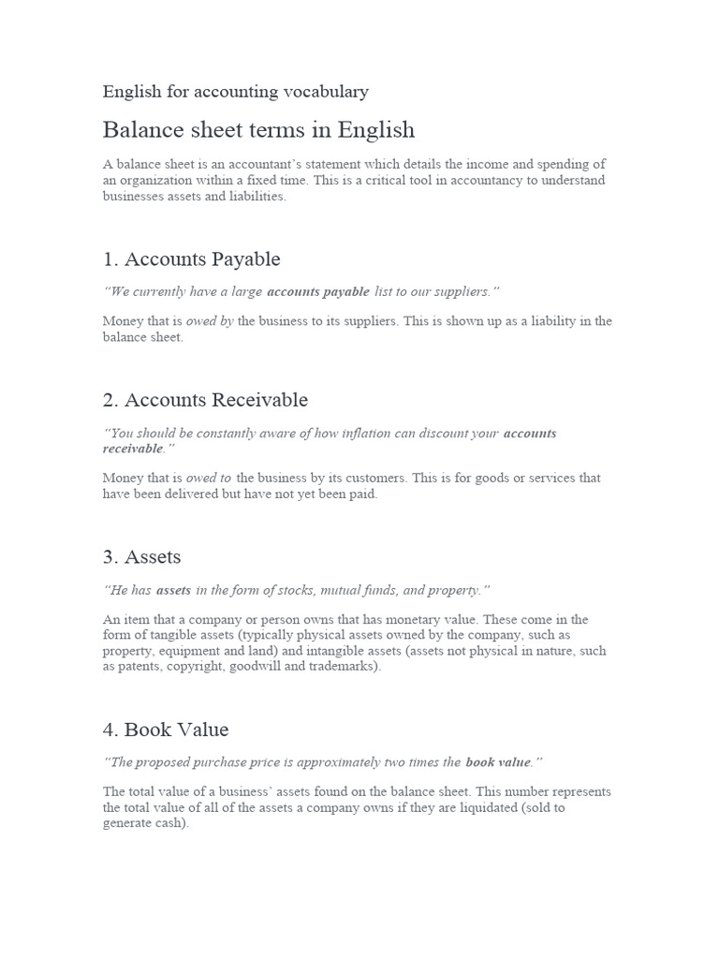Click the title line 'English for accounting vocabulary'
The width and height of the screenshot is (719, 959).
click(x=235, y=92)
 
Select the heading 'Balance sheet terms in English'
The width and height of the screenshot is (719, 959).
click(x=258, y=129)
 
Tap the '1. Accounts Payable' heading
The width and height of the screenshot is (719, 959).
click(x=191, y=258)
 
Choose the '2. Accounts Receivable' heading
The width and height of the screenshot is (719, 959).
click(x=205, y=400)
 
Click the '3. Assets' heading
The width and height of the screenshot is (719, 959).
click(x=141, y=556)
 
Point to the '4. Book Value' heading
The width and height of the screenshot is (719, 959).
click(x=166, y=729)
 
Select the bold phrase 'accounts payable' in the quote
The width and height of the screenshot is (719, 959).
click(x=318, y=292)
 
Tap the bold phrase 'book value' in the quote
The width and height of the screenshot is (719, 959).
click(x=497, y=762)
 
